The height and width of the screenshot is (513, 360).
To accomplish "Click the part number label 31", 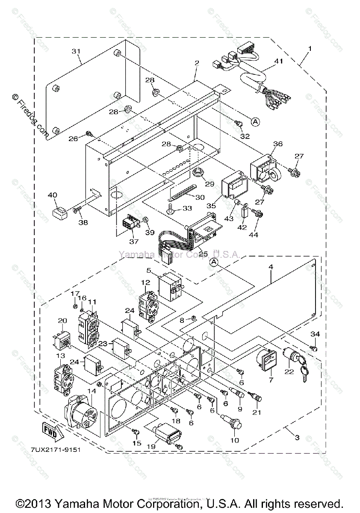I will pos(76,51).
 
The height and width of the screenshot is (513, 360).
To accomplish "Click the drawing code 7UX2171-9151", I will pos(56,450).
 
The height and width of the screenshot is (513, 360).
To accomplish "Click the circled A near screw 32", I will pos(255,122).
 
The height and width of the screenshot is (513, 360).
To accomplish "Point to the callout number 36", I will pos(278,144).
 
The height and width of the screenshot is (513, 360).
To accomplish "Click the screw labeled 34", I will pos(314,348).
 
